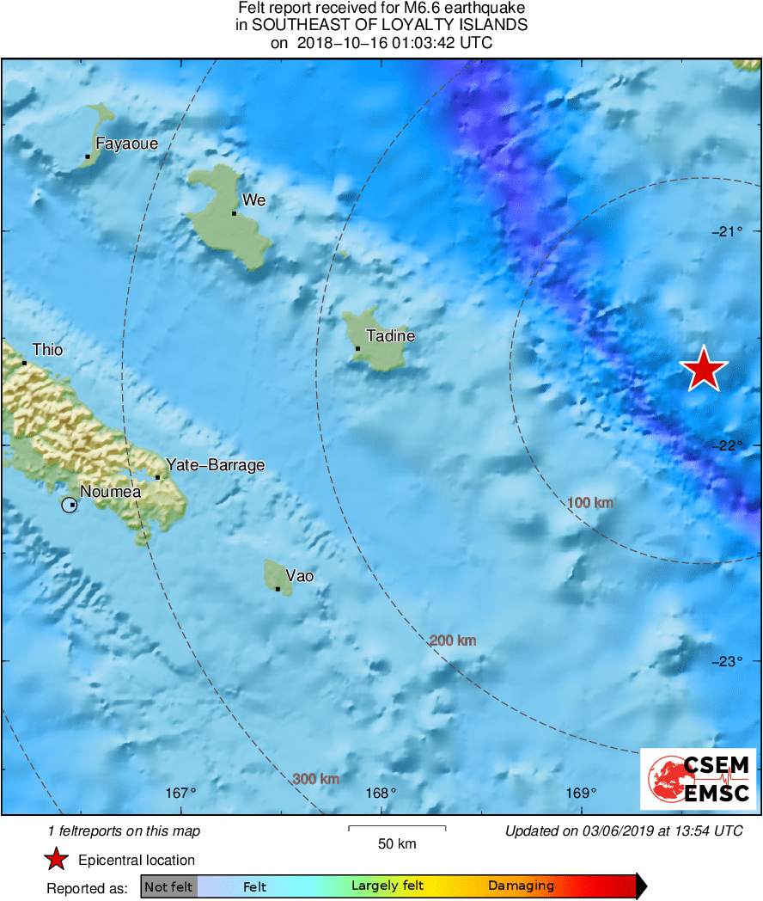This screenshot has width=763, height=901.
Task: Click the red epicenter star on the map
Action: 704,369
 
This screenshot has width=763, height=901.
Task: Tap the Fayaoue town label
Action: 126,144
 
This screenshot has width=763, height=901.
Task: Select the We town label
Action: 254,200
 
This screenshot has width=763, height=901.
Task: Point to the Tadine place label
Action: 391,336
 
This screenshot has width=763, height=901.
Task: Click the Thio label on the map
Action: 47,350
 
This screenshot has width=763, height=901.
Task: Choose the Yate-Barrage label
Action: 215,465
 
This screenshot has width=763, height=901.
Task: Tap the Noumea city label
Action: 110,493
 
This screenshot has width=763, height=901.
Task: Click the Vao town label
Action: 299,576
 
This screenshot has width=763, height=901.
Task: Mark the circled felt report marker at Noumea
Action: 69,505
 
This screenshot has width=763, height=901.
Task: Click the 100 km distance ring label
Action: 590,502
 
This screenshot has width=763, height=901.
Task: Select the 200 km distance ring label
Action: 453,641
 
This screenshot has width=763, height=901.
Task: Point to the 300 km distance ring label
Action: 315,779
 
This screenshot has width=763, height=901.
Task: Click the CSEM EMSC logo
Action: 699,779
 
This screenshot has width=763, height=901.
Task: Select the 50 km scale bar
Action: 397,828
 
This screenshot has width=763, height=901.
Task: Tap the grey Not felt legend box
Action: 168,886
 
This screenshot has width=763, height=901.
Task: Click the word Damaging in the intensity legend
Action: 521,886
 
